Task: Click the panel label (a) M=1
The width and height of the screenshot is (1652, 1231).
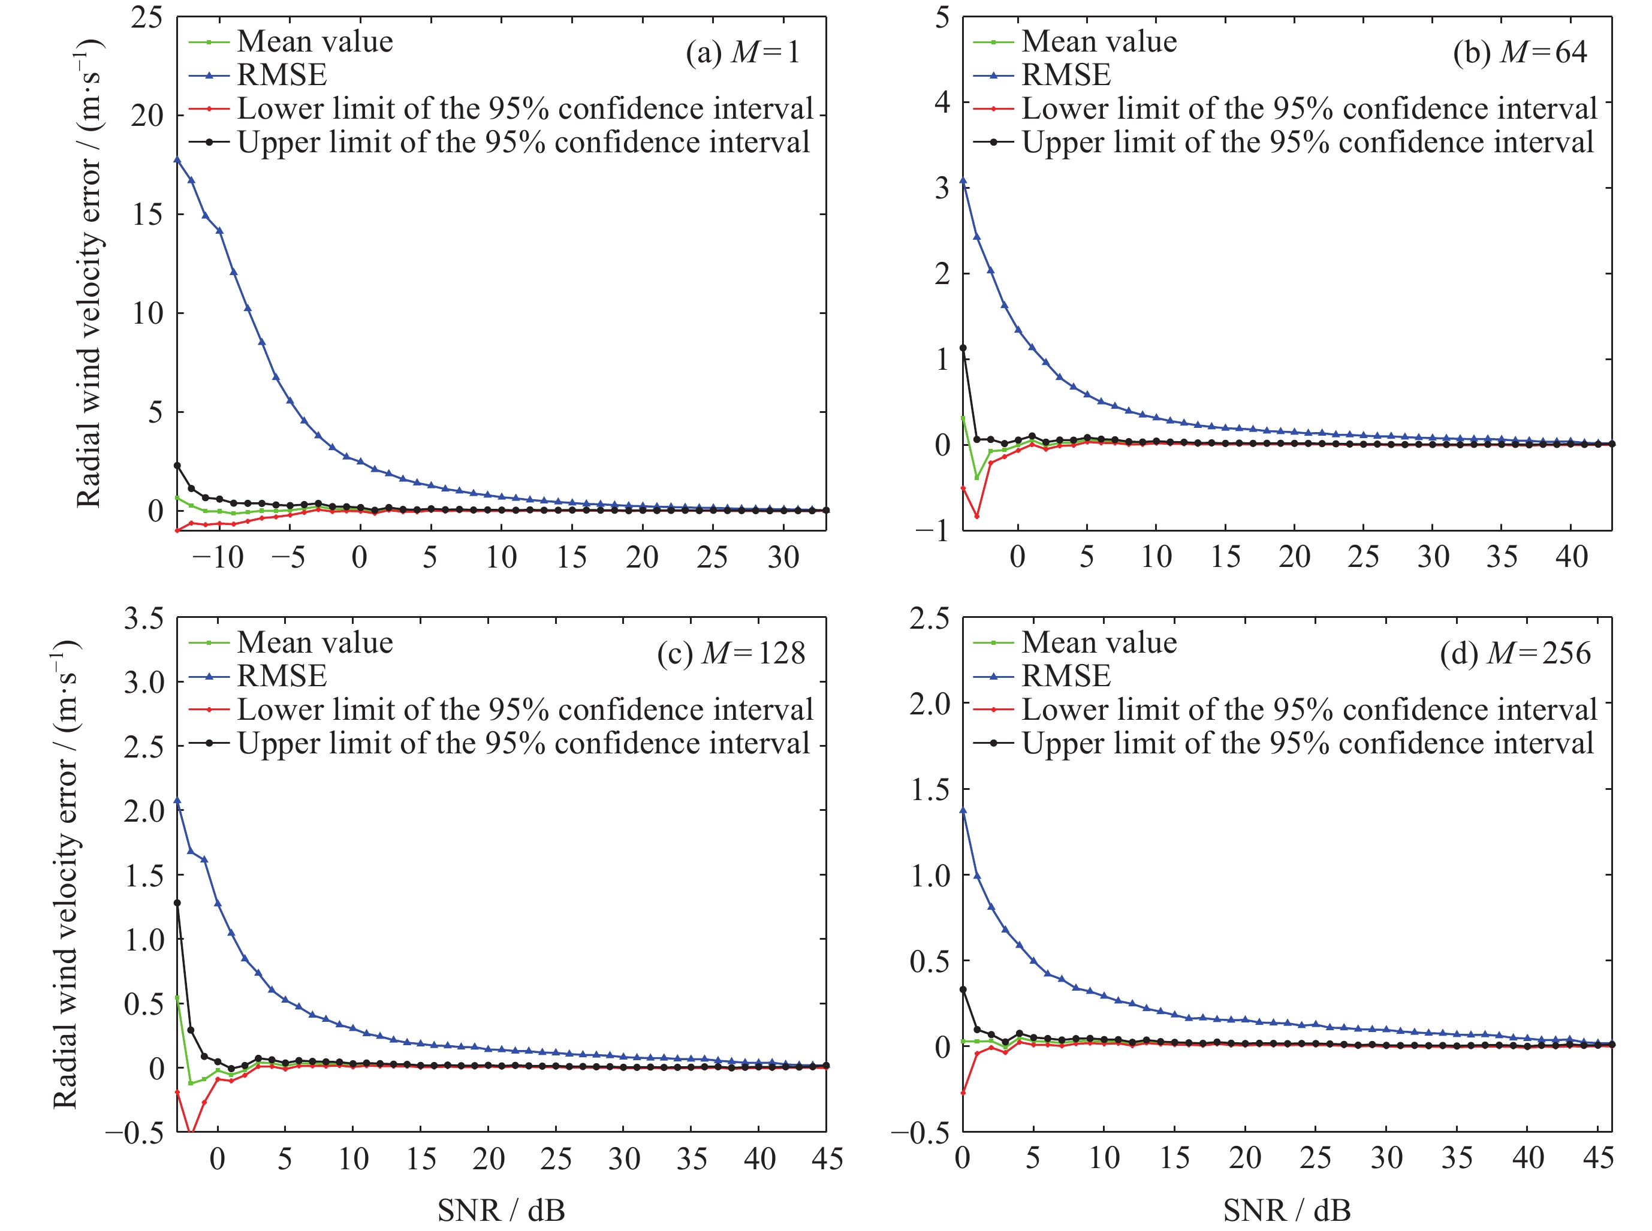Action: (742, 52)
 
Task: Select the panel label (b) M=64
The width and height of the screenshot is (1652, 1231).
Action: (1520, 52)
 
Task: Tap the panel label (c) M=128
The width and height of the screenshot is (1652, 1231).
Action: (731, 653)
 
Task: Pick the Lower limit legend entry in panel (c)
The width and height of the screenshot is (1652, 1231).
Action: (524, 710)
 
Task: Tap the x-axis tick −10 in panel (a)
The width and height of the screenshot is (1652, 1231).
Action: (218, 557)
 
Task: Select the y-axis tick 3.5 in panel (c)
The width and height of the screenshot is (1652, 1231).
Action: (143, 618)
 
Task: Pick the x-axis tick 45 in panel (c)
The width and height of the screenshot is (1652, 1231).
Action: (827, 1158)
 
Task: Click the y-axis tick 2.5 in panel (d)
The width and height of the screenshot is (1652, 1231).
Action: (929, 618)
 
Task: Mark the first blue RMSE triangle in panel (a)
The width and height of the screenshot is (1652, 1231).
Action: (177, 159)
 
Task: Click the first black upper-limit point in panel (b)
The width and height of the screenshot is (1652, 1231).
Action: (963, 348)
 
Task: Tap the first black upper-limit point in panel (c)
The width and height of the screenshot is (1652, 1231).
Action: (177, 903)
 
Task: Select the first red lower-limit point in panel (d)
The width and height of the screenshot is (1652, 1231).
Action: (963, 1093)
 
